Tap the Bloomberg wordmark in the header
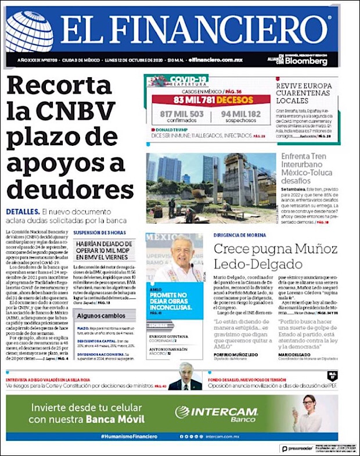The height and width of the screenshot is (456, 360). coord(306,61)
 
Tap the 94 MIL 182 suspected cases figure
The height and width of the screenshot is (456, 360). coord(240,114)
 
